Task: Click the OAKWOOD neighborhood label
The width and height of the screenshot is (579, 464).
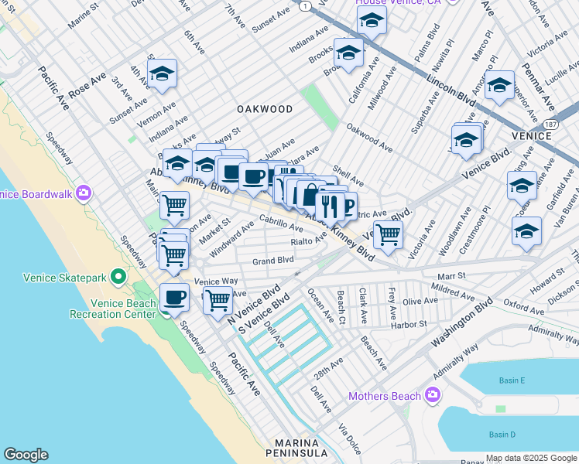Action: click(x=265, y=109)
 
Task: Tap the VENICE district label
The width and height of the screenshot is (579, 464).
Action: click(x=532, y=136)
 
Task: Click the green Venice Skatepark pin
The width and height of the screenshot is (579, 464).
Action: click(x=118, y=276)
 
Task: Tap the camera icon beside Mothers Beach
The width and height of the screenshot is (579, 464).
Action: click(x=433, y=396)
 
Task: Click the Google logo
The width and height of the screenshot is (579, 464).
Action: click(x=26, y=455)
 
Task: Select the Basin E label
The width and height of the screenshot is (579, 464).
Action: click(x=511, y=380)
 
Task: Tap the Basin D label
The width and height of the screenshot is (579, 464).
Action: click(x=502, y=435)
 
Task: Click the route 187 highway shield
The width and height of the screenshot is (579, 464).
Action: click(x=550, y=124)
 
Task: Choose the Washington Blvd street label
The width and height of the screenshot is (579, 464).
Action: click(x=461, y=324)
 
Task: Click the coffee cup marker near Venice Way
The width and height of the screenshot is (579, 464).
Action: click(x=175, y=298)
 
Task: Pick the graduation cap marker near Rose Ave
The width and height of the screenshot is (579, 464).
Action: click(x=162, y=74)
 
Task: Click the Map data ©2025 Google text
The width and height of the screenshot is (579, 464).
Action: click(x=532, y=458)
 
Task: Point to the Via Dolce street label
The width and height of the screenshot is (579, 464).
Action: click(x=349, y=437)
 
